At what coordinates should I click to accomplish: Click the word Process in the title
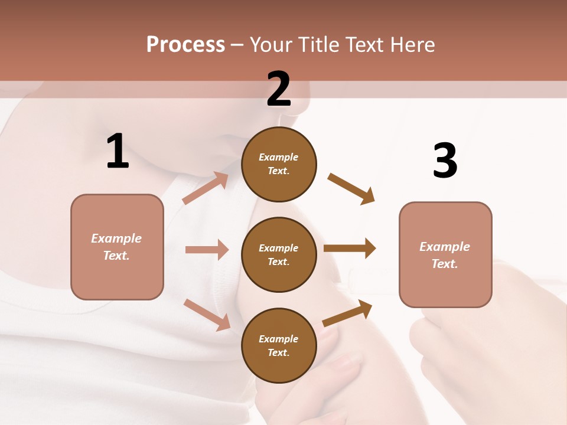click(x=185, y=45)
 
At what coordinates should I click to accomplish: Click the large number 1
click(x=118, y=151)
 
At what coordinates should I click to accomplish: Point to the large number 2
click(x=279, y=89)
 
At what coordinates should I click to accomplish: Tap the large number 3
click(x=445, y=161)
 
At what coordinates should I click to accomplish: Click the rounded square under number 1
click(x=117, y=247)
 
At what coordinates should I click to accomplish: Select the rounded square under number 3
click(x=445, y=255)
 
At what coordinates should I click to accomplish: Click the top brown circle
click(x=279, y=164)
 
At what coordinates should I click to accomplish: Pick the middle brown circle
click(x=279, y=254)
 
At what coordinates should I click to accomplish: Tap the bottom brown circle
click(x=279, y=345)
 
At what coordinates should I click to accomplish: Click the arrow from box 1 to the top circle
click(x=206, y=188)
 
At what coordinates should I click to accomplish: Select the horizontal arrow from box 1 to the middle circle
click(x=207, y=250)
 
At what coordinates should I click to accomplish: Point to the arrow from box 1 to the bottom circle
click(x=207, y=315)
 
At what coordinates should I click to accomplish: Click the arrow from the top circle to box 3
click(x=351, y=188)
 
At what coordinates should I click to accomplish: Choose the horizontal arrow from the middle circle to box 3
click(x=350, y=249)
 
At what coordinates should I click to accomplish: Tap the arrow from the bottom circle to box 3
click(x=347, y=313)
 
